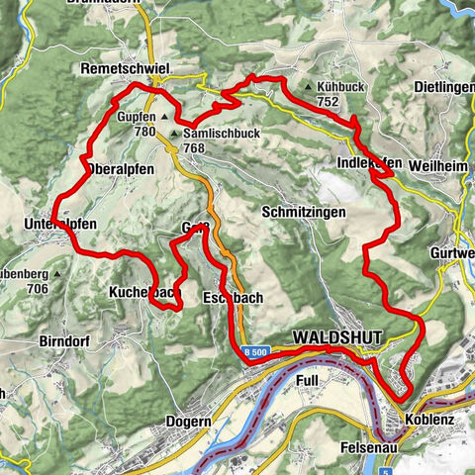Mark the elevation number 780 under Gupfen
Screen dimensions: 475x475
(x=143, y=131)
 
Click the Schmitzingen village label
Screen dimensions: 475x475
(x=305, y=212)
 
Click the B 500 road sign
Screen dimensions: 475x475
(x=254, y=351)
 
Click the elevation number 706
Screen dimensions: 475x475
(x=38, y=288)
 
